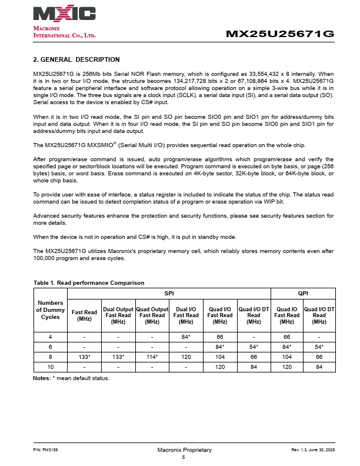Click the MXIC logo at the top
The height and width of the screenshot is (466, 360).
coord(65,14)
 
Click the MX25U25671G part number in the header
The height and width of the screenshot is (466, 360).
coord(280,34)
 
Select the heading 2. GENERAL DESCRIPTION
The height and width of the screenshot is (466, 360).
coord(76,59)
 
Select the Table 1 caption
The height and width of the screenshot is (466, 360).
coord(89,283)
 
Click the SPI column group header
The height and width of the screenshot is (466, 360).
coord(169,292)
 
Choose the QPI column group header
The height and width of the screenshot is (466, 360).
coord(303,292)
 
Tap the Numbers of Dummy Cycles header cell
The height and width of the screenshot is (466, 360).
coord(50,310)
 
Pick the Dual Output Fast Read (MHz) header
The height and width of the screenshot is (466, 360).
coord(118,315)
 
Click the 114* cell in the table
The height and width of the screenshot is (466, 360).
coord(152,357)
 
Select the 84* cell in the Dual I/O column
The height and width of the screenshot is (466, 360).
coord(186,337)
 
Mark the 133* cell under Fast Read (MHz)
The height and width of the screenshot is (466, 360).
coord(84,357)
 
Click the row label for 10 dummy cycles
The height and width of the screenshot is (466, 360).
coord(50,367)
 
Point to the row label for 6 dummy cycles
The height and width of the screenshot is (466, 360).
coord(50,347)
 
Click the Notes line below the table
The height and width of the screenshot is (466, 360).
coord(71,378)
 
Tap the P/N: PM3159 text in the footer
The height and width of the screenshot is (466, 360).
coord(45,450)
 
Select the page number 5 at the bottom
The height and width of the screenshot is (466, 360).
coord(184,457)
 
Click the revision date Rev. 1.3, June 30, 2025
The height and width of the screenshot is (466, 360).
coord(313,450)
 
